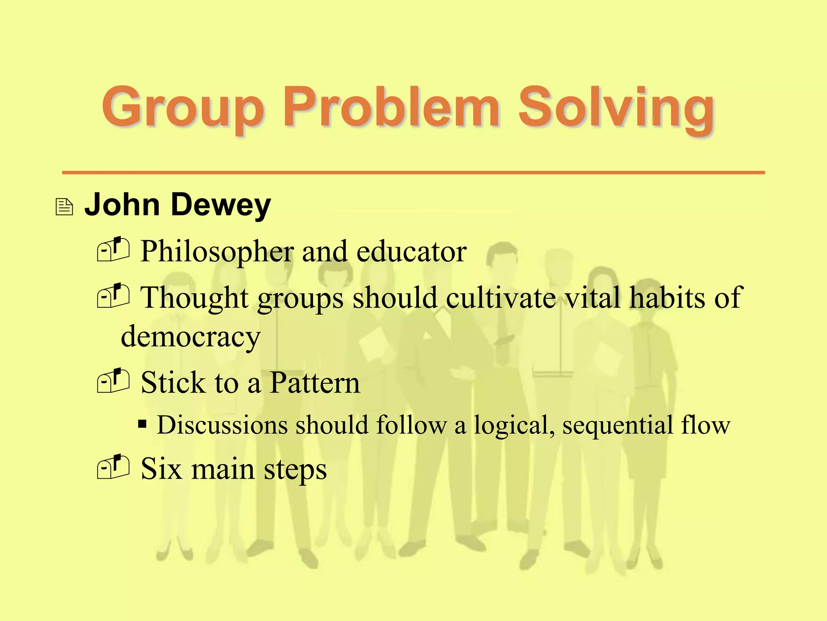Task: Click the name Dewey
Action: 221,205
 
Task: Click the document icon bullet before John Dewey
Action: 64,207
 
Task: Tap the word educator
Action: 411,251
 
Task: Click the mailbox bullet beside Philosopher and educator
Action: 113,249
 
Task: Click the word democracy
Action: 191,337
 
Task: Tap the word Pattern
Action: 315,382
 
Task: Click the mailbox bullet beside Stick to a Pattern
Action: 113,381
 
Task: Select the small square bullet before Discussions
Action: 142,425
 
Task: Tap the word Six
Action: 161,469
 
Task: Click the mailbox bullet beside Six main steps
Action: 113,467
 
